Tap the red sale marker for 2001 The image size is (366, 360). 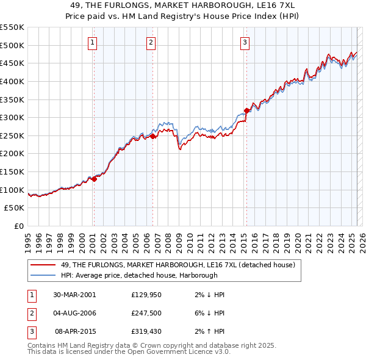(x=94, y=179)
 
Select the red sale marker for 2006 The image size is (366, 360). (x=152, y=137)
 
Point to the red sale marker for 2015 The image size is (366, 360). (x=246, y=110)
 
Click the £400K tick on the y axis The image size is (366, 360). (x=13, y=81)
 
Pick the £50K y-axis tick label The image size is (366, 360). (x=16, y=208)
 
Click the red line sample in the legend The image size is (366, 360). (x=43, y=265)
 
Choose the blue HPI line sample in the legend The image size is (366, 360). (x=43, y=275)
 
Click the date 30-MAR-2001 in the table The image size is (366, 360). (x=74, y=295)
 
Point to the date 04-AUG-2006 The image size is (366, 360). (x=75, y=314)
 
